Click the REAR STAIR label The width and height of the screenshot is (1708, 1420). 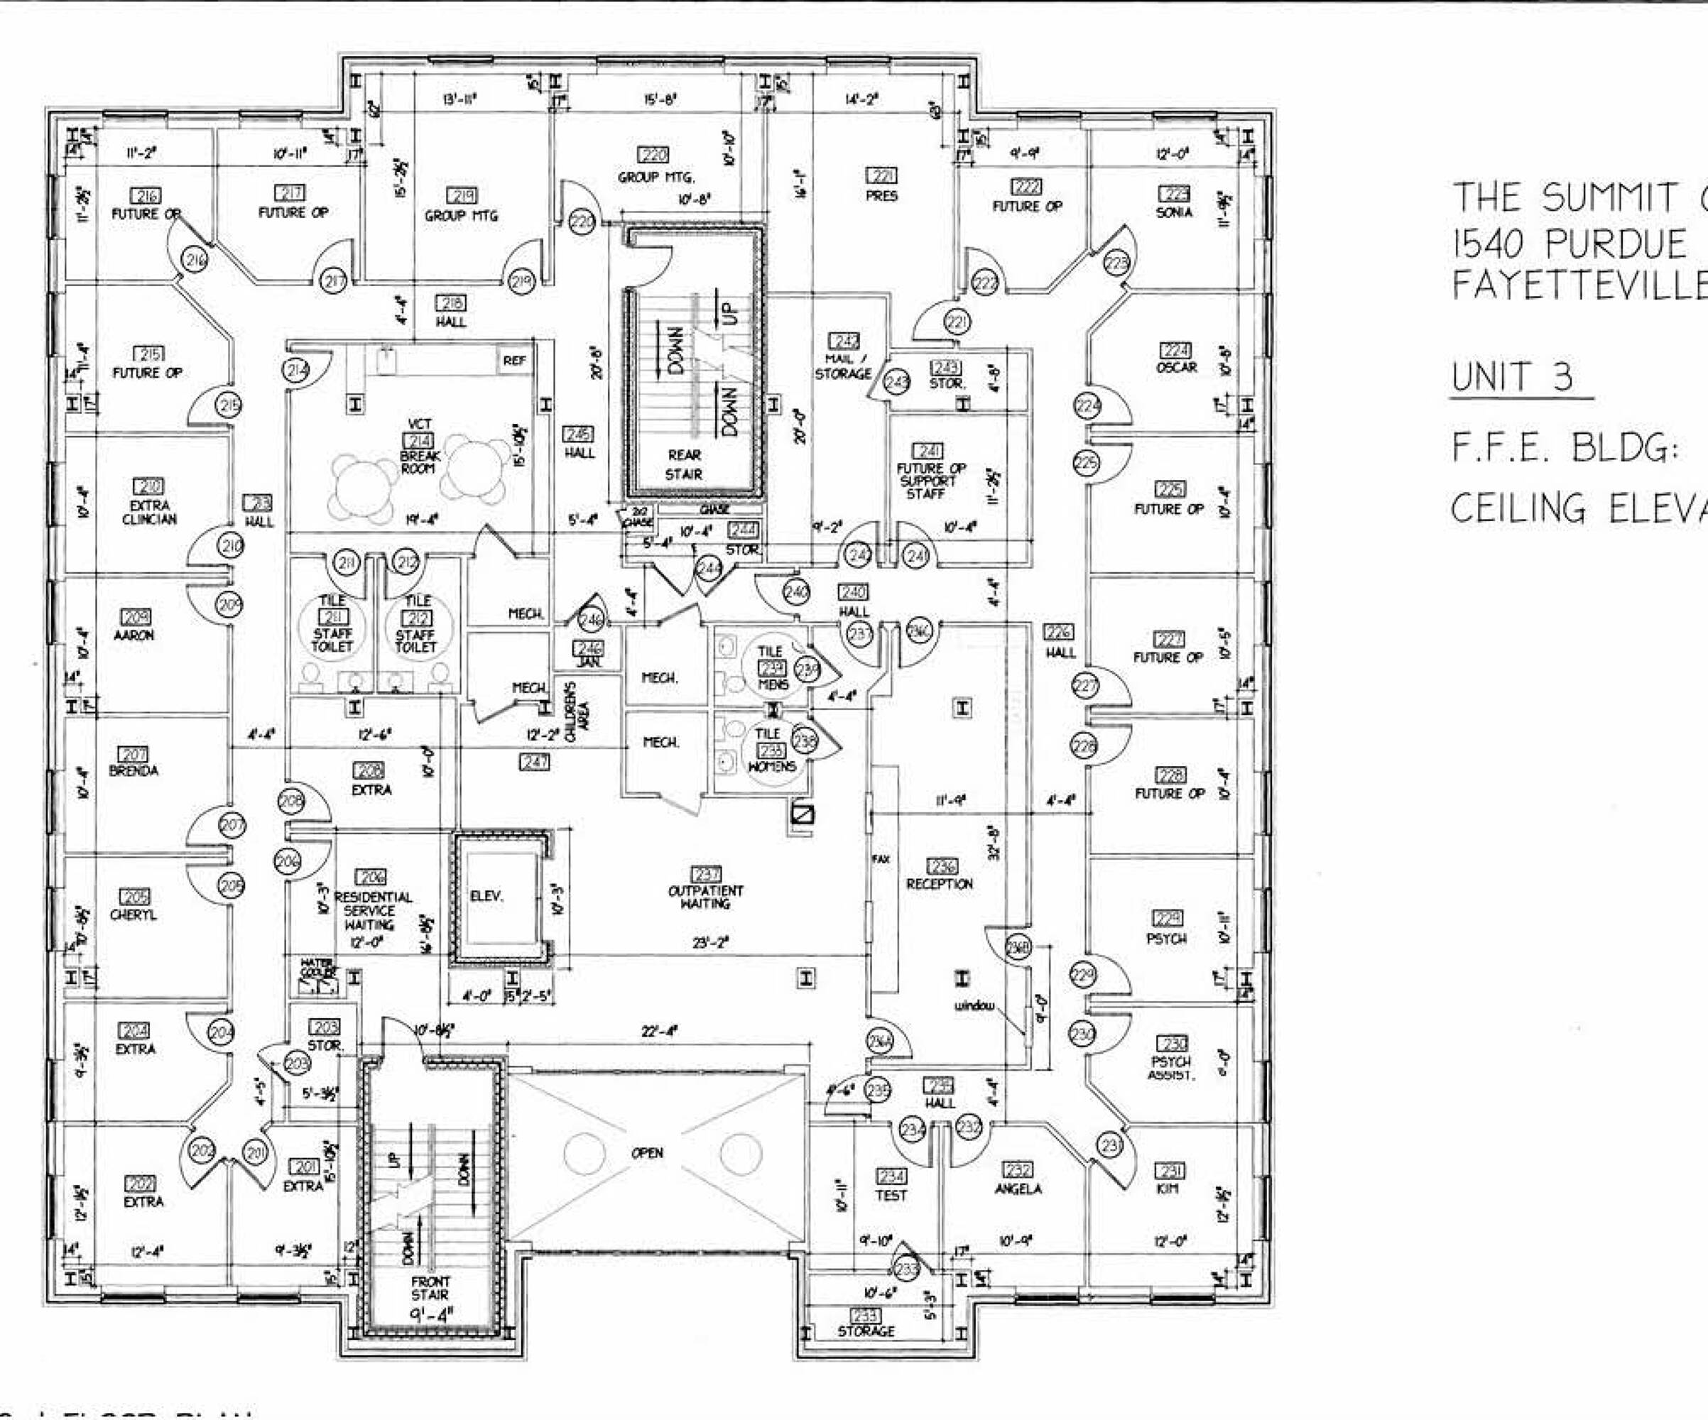point(683,464)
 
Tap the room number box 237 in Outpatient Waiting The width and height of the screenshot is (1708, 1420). point(705,874)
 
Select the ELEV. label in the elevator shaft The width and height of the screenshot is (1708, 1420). point(486,895)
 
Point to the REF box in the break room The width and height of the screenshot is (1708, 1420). point(514,360)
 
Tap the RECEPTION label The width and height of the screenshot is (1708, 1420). point(940,883)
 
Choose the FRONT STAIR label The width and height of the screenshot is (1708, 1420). point(430,1287)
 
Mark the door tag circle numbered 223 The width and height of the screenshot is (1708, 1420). point(1116,263)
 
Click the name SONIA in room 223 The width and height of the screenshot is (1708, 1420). point(1174,212)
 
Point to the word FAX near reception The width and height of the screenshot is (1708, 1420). point(881,859)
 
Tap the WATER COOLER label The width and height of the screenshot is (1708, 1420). point(316,968)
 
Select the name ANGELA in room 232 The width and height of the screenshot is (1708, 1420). point(1018,1189)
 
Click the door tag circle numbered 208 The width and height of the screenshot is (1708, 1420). point(291,801)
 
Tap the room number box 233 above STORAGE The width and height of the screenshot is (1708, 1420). point(864,1315)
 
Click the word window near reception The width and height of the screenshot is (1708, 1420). point(974,1006)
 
